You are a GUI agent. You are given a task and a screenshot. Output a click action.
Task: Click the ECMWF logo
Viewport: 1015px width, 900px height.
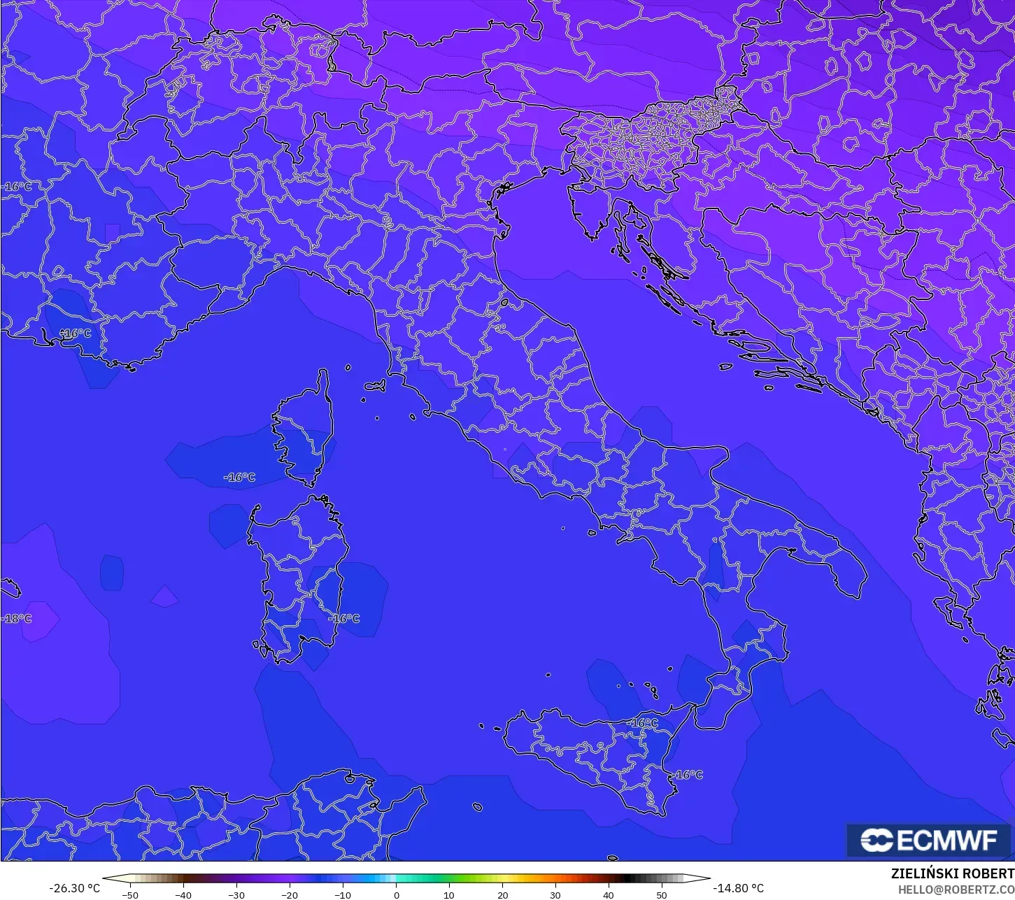pos(930,840)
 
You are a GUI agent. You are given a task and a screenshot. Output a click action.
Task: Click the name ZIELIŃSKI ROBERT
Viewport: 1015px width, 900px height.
pos(952,873)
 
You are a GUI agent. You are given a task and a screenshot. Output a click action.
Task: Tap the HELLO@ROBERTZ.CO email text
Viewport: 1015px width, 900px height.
pos(956,889)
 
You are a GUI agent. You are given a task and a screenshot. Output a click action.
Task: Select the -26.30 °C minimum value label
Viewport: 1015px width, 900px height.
pos(74,888)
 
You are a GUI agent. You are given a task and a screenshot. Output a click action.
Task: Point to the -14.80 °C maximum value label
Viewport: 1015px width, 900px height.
pos(738,888)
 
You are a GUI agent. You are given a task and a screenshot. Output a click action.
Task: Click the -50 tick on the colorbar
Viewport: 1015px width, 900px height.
pos(129,894)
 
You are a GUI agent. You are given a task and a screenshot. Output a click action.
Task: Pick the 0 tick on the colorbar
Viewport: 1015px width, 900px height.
pos(396,894)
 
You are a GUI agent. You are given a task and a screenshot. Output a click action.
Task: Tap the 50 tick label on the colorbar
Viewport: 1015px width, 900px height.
pos(662,894)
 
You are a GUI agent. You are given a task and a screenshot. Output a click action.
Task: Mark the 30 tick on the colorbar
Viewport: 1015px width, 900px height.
pos(555,894)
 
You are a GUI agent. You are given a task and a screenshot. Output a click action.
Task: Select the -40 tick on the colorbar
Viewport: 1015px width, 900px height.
pos(183,894)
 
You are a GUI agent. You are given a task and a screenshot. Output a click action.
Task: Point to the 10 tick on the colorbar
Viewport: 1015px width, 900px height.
pos(449,894)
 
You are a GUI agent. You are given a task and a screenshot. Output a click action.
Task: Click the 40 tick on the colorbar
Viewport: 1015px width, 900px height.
pos(609,894)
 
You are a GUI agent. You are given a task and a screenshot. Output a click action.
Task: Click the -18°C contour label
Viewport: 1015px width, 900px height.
pos(17,618)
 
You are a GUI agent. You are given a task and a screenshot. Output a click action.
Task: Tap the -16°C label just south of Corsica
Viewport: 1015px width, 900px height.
pos(239,478)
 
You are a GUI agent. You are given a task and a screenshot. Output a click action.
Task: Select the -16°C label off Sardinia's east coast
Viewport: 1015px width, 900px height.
pos(344,618)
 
